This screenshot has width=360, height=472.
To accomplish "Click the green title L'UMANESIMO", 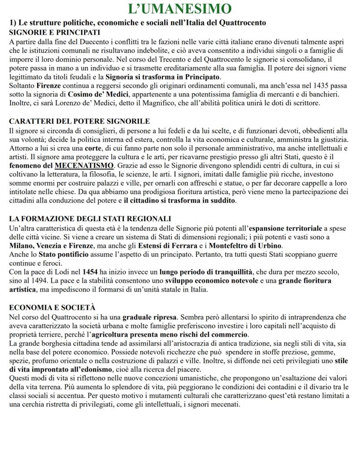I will [180, 9].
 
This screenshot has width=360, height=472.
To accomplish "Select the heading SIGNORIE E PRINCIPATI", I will [54, 33].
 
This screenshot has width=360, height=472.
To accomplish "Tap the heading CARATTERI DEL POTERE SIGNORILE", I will [79, 121].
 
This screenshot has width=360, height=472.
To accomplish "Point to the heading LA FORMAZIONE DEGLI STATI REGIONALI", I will [90, 218].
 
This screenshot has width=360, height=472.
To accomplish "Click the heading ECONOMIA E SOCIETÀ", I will [52, 307].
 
